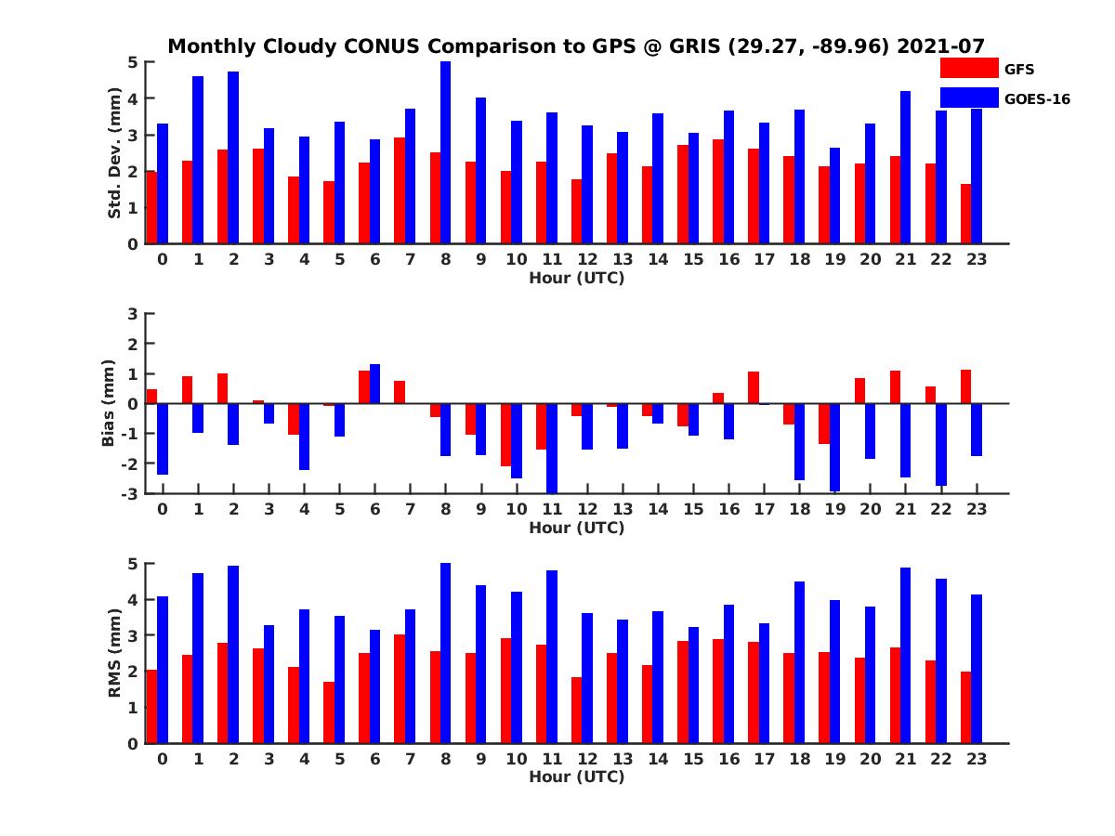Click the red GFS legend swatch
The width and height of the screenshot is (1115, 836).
point(969,68)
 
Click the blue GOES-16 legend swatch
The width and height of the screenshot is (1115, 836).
point(969,98)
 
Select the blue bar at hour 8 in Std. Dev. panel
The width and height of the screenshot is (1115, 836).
point(445,152)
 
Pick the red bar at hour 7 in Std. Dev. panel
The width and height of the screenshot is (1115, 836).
point(399,190)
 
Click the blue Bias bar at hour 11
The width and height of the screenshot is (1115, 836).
point(552,448)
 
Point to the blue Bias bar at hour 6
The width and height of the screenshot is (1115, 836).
point(374,384)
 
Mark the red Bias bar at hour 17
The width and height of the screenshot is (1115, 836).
point(754,387)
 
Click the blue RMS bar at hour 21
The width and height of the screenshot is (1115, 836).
point(906,655)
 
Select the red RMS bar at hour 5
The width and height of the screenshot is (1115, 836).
point(328,712)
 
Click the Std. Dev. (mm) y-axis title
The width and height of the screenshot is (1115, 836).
point(115,153)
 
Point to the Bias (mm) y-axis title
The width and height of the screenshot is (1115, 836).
point(109,404)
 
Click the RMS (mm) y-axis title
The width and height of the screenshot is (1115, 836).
point(115,654)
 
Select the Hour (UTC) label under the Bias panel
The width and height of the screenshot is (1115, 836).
point(576,528)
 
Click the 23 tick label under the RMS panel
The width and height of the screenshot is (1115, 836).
point(976,758)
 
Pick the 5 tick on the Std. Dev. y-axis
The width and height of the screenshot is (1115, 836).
point(133,62)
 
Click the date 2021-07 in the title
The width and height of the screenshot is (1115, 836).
point(940,46)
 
